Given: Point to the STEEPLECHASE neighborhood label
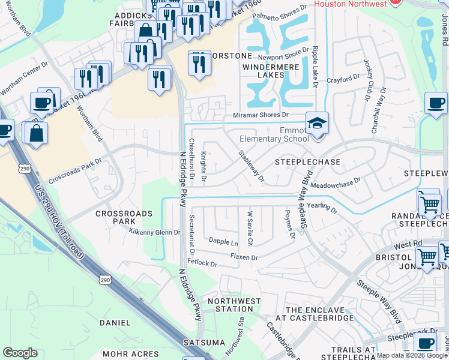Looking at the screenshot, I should pyautogui.click(x=307, y=162).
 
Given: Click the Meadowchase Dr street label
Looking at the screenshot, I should pyautogui.click(x=335, y=179).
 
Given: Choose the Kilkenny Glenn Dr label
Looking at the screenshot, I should pyautogui.click(x=154, y=232).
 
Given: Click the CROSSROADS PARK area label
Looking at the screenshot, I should pyautogui.click(x=118, y=217).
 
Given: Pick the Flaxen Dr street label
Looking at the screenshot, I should pyautogui.click(x=244, y=257).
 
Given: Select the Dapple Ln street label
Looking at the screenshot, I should pyautogui.click(x=223, y=242).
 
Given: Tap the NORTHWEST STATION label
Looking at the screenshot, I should pyautogui.click(x=234, y=305).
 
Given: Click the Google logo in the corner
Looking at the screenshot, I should pyautogui.click(x=20, y=353).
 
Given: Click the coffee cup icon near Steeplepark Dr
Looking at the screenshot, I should pyautogui.click(x=426, y=344).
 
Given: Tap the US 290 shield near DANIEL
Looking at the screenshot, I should pyautogui.click(x=104, y=280).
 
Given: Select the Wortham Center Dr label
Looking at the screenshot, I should pyautogui.click(x=23, y=79).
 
